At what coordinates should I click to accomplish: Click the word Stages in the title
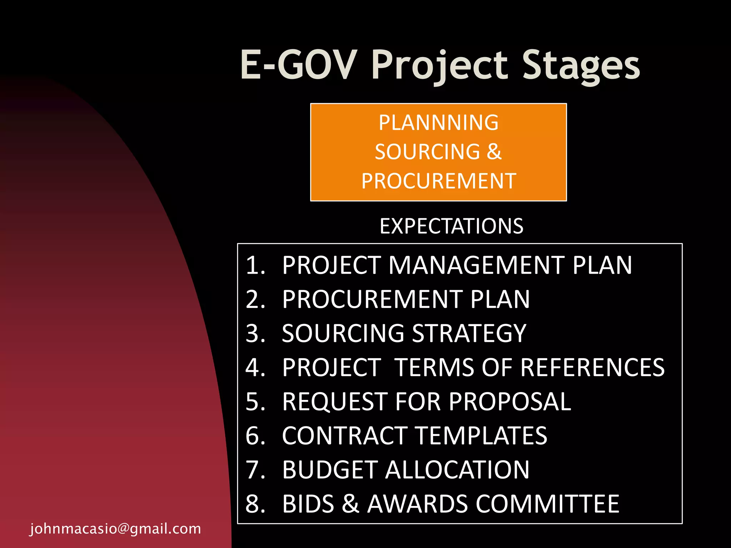pos(581,65)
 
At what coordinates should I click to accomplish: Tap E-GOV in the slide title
pos(299,65)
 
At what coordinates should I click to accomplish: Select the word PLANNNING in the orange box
pos(438,123)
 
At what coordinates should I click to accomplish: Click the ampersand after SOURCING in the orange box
pos(494,152)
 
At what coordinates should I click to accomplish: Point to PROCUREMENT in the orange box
pos(439,181)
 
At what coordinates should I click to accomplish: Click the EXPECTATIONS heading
pos(451,226)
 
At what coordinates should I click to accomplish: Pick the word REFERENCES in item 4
pos(592,367)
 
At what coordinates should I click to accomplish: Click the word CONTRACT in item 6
pos(345,436)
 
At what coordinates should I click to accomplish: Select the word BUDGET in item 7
pos(330,470)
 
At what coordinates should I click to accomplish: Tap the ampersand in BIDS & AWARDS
pos(350,504)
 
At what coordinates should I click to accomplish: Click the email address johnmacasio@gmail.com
pos(115,529)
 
